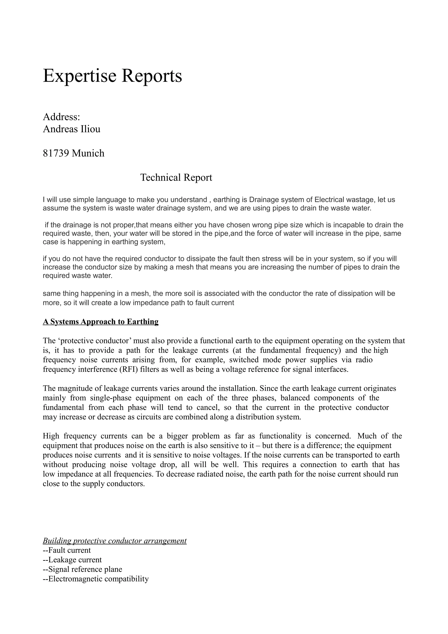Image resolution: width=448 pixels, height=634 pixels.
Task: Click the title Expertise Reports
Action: click(x=112, y=76)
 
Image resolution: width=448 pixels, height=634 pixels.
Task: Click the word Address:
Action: click(x=61, y=117)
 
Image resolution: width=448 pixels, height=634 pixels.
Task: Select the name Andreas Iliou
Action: click(x=72, y=129)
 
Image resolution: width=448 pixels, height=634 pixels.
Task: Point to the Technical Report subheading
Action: click(x=176, y=177)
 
